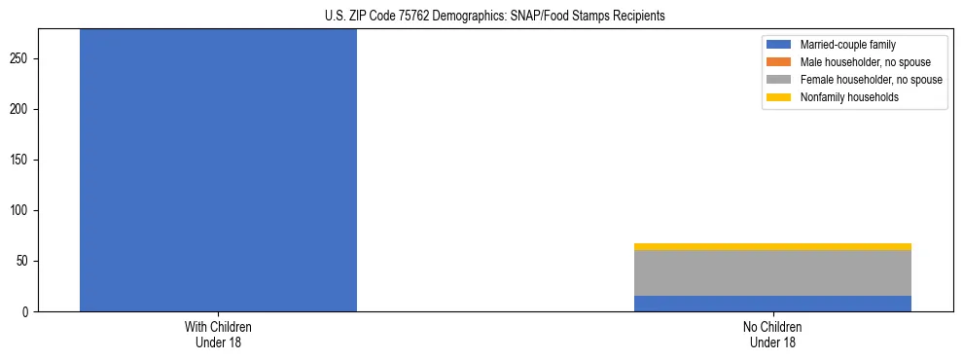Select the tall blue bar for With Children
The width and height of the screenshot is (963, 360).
(218, 170)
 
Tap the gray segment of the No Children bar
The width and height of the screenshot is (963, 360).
(772, 273)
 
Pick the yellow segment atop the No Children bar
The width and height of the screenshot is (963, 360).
(772, 247)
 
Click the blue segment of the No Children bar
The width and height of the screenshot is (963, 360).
(772, 304)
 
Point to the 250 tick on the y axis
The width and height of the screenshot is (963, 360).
(25, 59)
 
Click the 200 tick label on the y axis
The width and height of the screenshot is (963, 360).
(25, 110)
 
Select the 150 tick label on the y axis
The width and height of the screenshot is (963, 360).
(25, 161)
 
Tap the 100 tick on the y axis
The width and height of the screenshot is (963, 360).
(25, 211)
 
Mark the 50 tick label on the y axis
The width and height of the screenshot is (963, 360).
(28, 262)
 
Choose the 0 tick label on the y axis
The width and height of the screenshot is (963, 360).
(31, 312)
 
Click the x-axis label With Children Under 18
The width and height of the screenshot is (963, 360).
(218, 335)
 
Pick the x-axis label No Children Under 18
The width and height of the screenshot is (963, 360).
(772, 335)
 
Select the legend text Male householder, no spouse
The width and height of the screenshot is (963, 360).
(865, 62)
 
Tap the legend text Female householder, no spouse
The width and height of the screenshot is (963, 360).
(871, 80)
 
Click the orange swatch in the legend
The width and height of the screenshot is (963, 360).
(779, 62)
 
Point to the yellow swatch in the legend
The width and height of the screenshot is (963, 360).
(779, 97)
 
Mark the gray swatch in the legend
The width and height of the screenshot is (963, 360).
(779, 80)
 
